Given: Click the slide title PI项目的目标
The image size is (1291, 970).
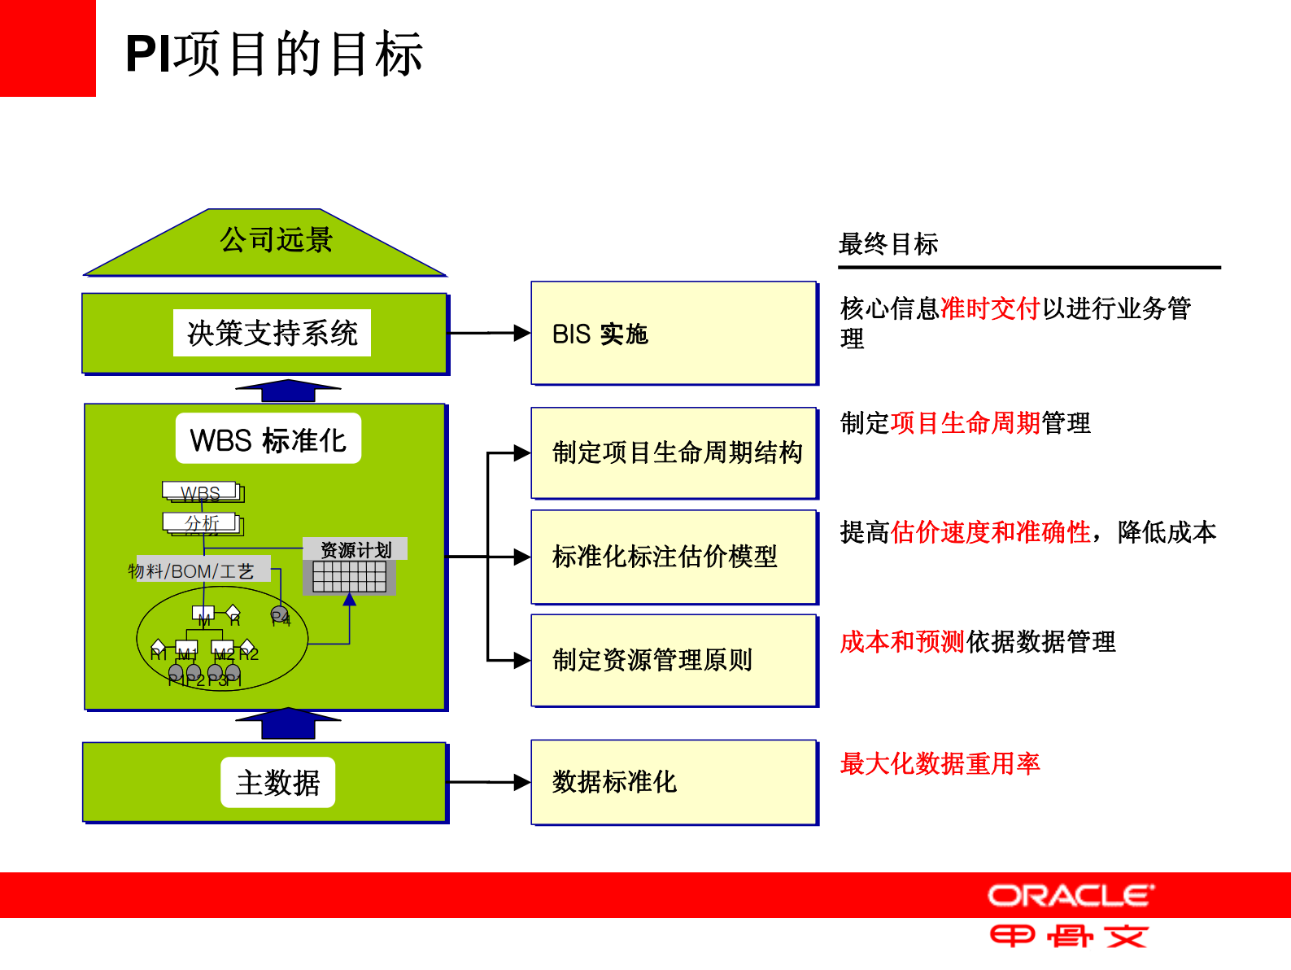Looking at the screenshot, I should pos(273,55).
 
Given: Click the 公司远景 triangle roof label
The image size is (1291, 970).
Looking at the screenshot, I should pos(276,240).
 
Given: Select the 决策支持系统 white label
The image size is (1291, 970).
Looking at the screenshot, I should pos(272,333).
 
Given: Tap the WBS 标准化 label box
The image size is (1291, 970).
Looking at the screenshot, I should pos(268,440).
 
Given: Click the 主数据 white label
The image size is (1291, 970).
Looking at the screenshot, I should pos(277,783).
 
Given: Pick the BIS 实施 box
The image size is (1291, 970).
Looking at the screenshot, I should pos(673,334).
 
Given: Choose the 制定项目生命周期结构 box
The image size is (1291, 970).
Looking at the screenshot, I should pos(673,452).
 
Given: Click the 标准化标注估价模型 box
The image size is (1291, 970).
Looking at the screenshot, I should pos(673,557).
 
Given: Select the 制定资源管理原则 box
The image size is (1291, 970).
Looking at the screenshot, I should pos(673,660).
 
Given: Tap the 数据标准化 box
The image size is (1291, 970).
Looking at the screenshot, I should pos(673,782).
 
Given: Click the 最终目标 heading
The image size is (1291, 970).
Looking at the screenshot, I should pos(888,244).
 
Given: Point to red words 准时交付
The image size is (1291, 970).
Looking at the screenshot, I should pos(990,308).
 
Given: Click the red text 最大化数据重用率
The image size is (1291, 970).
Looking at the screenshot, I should pos(940,763).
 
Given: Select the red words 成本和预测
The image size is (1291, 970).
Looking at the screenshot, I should pos(902,642).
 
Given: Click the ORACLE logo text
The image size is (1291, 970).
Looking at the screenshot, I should pos(1071,896).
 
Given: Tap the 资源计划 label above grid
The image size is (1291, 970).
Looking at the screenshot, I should pos(355,549).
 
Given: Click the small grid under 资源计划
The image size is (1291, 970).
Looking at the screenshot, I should pos(349,577).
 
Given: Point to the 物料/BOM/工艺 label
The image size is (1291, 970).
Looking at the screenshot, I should pos(191,571).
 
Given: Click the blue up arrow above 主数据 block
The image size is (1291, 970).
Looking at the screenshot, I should pos(288,723).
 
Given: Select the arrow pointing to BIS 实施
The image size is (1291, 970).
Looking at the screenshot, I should pos(490,333).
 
